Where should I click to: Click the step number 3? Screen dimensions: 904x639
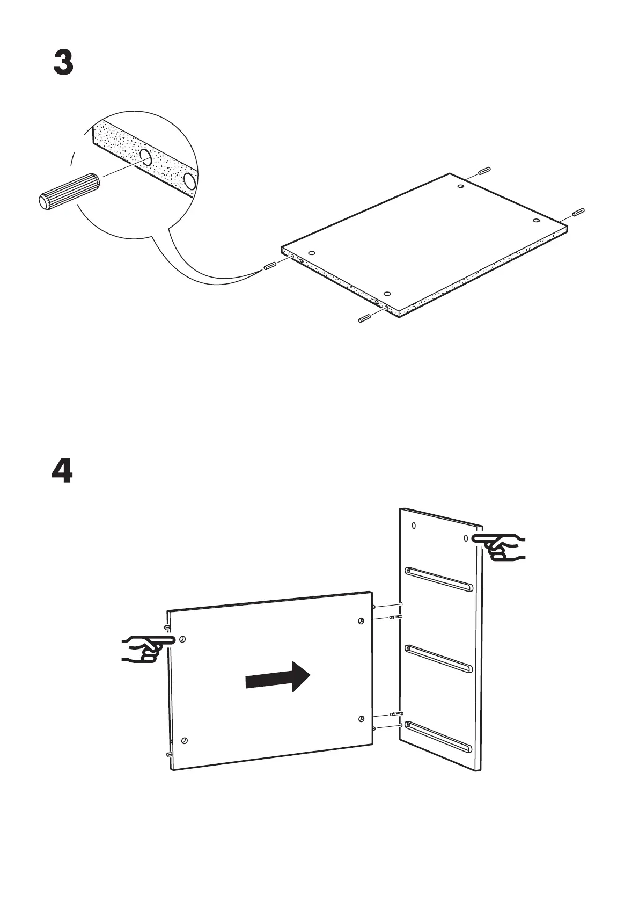point(63,63)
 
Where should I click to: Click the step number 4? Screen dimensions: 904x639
point(62,471)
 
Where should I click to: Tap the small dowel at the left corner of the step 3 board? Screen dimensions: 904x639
point(269,266)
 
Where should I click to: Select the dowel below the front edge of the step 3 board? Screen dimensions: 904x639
point(364,319)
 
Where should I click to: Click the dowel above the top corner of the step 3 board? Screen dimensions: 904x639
point(483,171)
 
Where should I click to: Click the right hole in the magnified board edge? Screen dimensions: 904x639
point(190,181)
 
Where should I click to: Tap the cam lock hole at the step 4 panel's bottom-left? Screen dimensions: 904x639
point(185,740)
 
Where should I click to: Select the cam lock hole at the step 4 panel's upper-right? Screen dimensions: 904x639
point(361,621)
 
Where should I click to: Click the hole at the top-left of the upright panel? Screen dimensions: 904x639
point(414,526)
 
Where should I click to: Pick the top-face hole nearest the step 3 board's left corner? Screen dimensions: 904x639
point(312,253)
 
